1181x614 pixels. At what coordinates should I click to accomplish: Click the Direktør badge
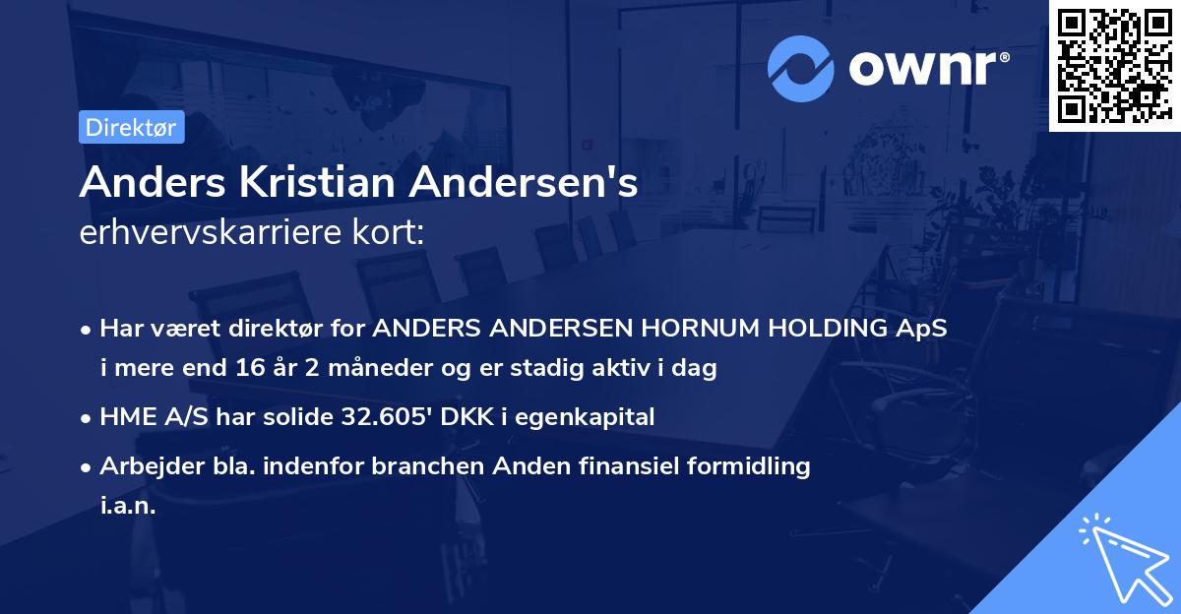pos(130,127)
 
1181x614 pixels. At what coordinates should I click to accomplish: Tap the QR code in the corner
pos(1114,65)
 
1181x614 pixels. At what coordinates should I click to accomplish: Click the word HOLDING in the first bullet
pos(808,329)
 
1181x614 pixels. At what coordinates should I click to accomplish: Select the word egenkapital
pos(593,417)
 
